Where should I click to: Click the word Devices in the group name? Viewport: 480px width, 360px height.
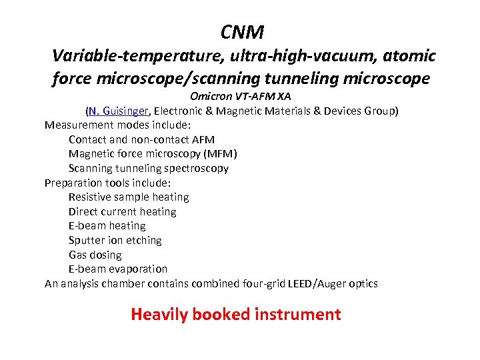coord(345,111)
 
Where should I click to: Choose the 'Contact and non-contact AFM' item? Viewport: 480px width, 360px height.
coord(141,139)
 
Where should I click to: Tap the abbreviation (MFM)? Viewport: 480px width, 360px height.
coord(217,154)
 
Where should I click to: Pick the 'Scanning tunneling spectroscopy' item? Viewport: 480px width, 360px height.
coord(148,168)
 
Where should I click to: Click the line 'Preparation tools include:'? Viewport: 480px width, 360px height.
coord(107,183)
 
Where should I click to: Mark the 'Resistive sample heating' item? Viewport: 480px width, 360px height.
coord(129,197)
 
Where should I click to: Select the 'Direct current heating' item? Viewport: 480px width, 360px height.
coord(122,212)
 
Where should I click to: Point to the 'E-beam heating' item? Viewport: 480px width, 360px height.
coord(107,226)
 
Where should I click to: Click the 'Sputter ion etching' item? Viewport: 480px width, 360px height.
coord(115,241)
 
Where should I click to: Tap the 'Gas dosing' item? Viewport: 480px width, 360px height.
coord(95,255)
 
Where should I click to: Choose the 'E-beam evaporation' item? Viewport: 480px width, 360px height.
coord(117,269)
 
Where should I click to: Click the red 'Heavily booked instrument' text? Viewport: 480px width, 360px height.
coord(236,314)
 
